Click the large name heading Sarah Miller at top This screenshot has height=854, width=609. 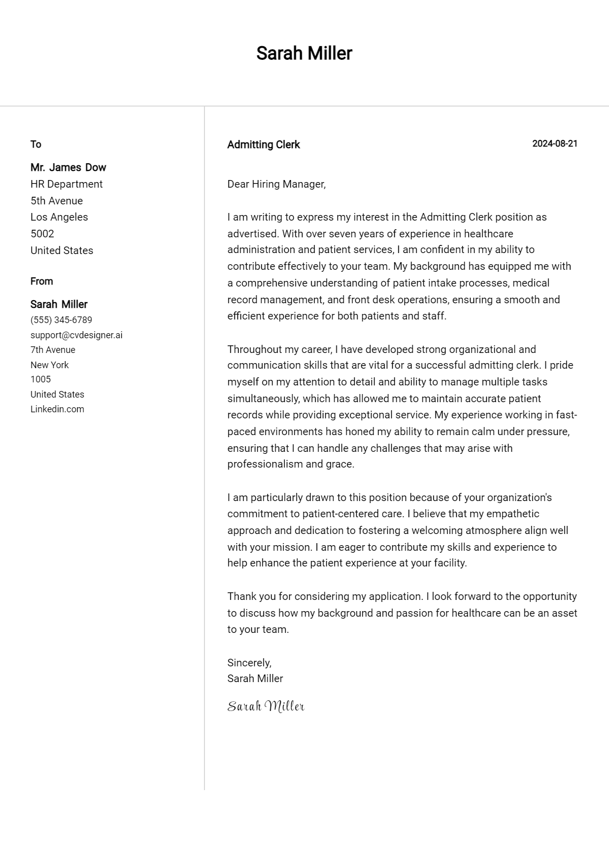coord(304,53)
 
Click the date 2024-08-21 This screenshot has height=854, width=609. coord(554,144)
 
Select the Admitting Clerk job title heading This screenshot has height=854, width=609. coord(263,145)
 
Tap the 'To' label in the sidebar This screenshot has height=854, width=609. coord(36,144)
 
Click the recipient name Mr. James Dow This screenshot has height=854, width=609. coord(68,167)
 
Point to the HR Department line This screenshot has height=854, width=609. coord(66,184)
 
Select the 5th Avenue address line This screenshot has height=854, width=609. coord(56,201)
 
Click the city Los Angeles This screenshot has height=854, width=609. coord(59,217)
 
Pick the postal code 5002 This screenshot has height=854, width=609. coord(42,234)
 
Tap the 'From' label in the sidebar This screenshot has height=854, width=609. coord(42,281)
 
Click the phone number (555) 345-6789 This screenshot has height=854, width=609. coord(61,320)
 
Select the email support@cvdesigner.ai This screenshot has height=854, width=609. coord(76,335)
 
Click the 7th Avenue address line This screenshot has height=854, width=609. coord(53,350)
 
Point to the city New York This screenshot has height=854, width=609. coord(49,365)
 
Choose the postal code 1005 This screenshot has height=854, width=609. coord(41,379)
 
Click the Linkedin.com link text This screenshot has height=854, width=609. coord(57,409)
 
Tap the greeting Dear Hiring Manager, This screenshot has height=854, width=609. coord(276,184)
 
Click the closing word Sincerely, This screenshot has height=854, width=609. coord(249,663)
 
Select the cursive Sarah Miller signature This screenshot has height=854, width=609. coord(265,706)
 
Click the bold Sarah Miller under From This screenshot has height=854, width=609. coord(59,304)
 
